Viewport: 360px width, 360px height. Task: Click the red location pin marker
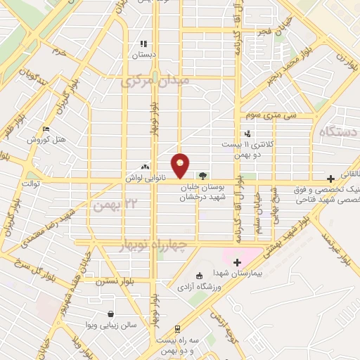pyautogui.click(x=181, y=165)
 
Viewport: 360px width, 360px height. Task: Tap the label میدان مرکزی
pyautogui.click(x=156, y=82)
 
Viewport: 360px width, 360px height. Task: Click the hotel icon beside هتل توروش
pyautogui.click(x=46, y=129)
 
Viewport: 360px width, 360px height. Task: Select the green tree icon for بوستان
pyautogui.click(x=203, y=176)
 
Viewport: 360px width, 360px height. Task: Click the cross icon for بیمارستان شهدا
pyautogui.click(x=236, y=262)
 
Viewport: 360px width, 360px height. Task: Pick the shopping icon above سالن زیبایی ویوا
pyautogui.click(x=110, y=314)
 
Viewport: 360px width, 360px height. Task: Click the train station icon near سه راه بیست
pyautogui.click(x=176, y=328)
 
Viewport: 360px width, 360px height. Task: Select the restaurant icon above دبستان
pyautogui.click(x=143, y=44)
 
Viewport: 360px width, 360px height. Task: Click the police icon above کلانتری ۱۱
pyautogui.click(x=247, y=134)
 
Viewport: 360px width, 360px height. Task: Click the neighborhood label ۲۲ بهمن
pyautogui.click(x=112, y=205)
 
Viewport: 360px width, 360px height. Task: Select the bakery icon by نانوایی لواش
pyautogui.click(x=146, y=167)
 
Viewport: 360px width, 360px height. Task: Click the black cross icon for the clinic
pyautogui.click(x=330, y=179)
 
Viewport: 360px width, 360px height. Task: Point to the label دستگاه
pyautogui.click(x=338, y=133)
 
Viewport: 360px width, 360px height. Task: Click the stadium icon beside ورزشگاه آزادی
pyautogui.click(x=199, y=275)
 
